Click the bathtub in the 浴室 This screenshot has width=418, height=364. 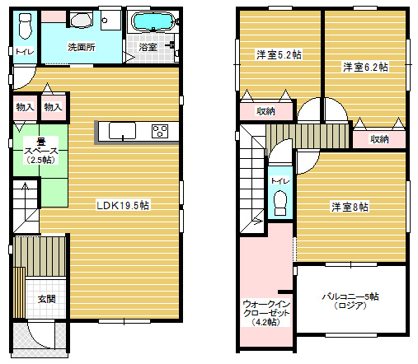[x=153, y=21]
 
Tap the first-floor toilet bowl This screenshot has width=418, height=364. [x=25, y=26]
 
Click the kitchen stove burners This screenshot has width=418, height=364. [x=160, y=131]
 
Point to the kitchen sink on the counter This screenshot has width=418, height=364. [x=122, y=131]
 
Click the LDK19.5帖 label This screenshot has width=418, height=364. [x=123, y=205]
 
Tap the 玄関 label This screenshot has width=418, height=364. [x=46, y=299]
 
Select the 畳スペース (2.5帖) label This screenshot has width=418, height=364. [x=41, y=151]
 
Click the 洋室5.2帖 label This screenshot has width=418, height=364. [x=279, y=54]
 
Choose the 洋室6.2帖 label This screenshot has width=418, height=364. [x=365, y=67]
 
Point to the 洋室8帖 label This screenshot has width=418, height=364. [x=350, y=207]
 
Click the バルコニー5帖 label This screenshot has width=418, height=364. [x=350, y=296]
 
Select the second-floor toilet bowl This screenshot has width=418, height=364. [x=280, y=203]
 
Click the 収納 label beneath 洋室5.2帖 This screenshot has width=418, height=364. [x=265, y=111]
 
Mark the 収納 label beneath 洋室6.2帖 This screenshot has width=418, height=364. [x=379, y=139]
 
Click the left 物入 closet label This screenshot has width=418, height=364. [x=25, y=107]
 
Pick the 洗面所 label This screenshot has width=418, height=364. [x=82, y=47]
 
